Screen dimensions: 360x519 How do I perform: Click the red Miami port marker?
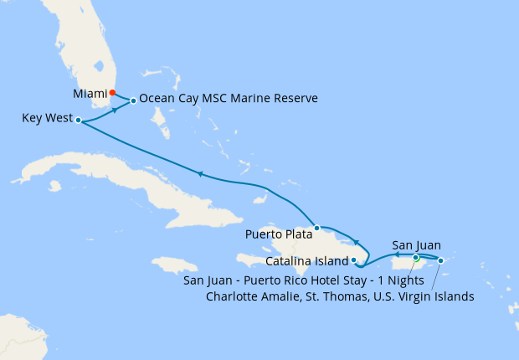point(114,93)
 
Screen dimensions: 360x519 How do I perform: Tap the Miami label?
point(91,93)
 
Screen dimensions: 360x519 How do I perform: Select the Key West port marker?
point(78,121)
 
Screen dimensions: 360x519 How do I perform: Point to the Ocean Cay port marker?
point(133,101)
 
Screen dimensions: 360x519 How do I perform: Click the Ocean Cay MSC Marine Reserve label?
point(229,99)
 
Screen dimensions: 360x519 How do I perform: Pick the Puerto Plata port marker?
point(316,228)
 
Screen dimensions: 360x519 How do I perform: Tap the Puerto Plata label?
point(278,234)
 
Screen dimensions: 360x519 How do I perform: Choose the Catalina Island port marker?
point(354,260)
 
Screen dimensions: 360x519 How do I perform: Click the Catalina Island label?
point(308,262)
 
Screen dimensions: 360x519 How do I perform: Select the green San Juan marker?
point(416,258)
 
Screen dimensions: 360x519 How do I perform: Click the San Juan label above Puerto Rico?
point(417,246)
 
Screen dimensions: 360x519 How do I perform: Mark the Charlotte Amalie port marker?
point(441,260)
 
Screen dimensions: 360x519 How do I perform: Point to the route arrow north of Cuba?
point(200,174)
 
